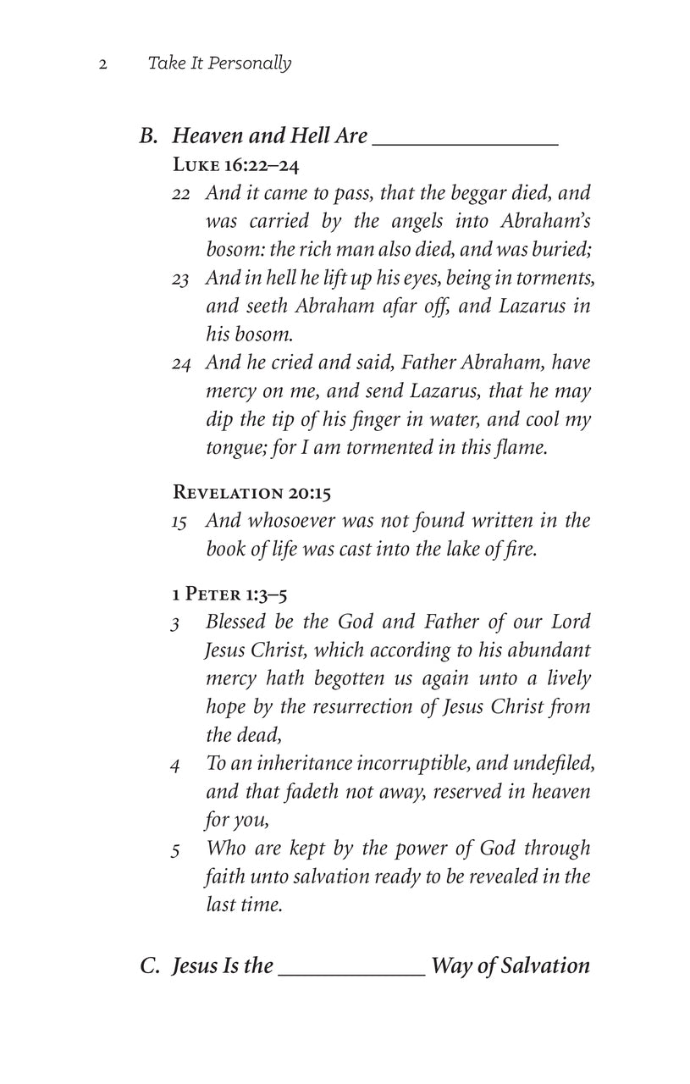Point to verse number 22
180,194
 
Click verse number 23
180,278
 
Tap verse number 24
180,363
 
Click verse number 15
179,522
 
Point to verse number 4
175,766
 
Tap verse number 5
175,850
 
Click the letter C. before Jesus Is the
151,965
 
